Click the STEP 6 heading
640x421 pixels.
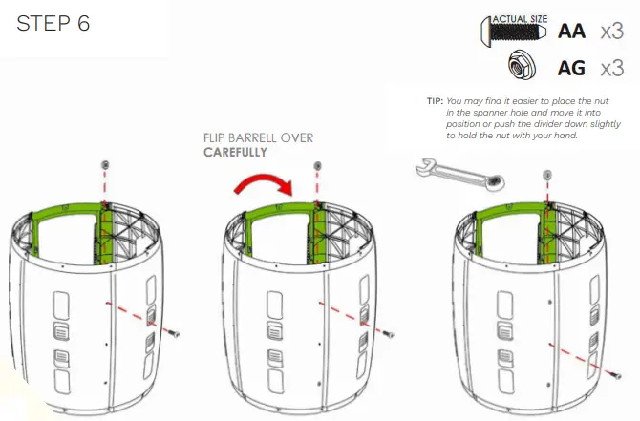[53, 24]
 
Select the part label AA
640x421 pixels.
[571, 32]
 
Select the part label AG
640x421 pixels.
[571, 68]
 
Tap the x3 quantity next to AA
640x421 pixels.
[612, 32]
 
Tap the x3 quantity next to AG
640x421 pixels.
[612, 68]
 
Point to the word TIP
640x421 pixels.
[435, 100]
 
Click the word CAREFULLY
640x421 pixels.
[235, 152]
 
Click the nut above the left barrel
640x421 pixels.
[104, 167]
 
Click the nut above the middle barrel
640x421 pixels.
[317, 167]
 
